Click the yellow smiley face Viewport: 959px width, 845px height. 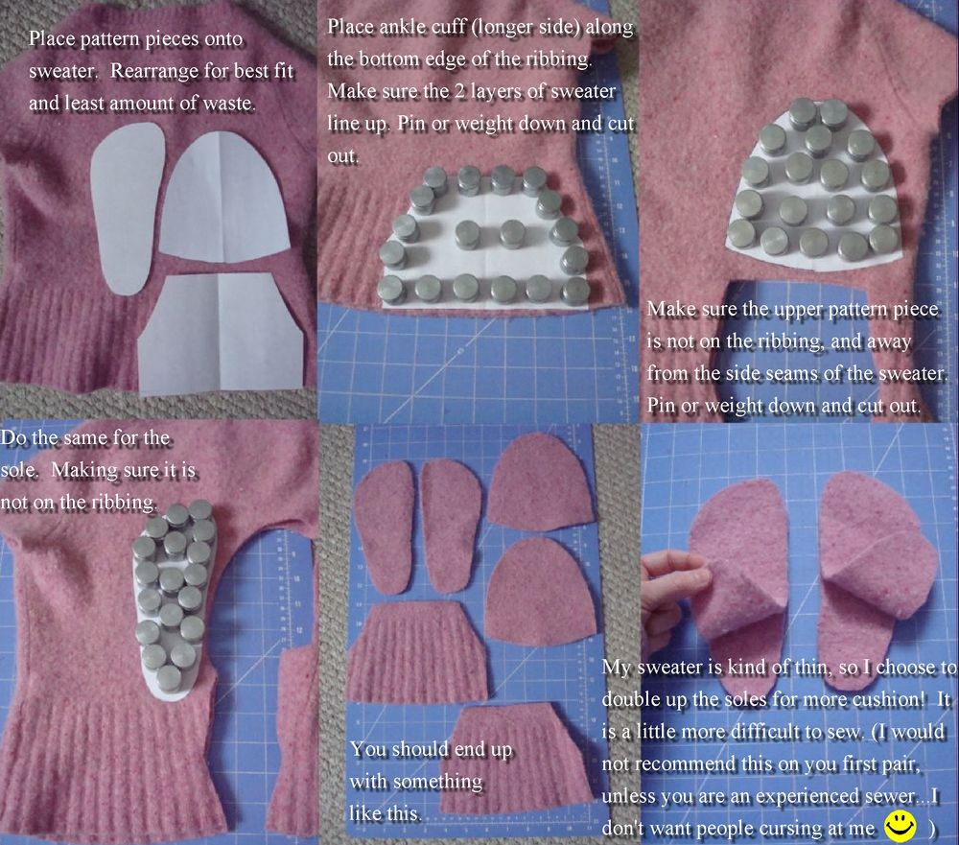[901, 826]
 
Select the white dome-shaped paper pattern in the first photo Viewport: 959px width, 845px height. [223, 197]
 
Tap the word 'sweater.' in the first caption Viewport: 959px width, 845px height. [63, 71]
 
